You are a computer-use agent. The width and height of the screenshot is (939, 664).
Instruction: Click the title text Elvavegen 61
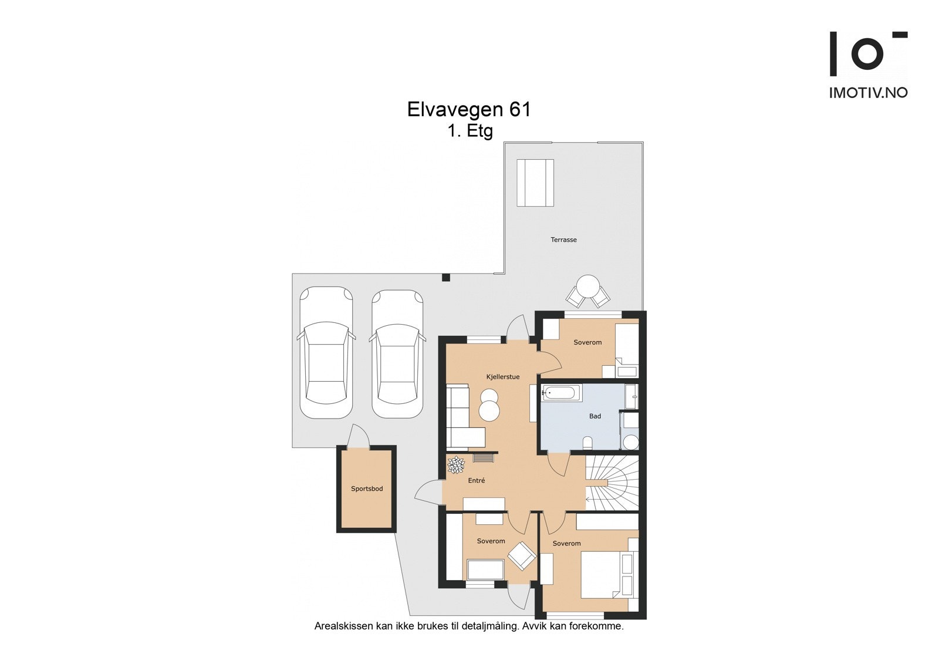coord(469,110)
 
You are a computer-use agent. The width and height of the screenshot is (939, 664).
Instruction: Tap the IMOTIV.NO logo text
coord(868,93)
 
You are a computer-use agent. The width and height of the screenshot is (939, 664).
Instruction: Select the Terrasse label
coord(563,240)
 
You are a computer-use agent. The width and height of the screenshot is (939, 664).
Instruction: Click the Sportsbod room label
coord(367,488)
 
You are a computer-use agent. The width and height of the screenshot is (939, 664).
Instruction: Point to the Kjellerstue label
coord(502,377)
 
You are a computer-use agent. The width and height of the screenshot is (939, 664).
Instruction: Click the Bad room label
coord(595,416)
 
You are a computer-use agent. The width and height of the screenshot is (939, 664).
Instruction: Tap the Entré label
coord(477,481)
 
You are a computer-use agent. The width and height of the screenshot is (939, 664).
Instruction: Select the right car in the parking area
coord(397,353)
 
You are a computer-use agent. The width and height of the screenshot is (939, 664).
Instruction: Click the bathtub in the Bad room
coord(561,393)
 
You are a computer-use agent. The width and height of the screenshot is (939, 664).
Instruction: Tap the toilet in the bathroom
coord(589,443)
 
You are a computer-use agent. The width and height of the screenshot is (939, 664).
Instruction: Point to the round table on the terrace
coord(588,287)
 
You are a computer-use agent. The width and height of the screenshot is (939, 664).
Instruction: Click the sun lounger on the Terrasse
coord(535,183)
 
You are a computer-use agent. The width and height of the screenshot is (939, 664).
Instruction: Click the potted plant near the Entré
coord(456,465)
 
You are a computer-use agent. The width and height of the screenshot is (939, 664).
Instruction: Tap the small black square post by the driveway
coord(446,277)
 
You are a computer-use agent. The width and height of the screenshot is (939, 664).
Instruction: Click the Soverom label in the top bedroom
coord(587,342)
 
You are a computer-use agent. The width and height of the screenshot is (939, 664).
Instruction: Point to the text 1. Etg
coord(469,131)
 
